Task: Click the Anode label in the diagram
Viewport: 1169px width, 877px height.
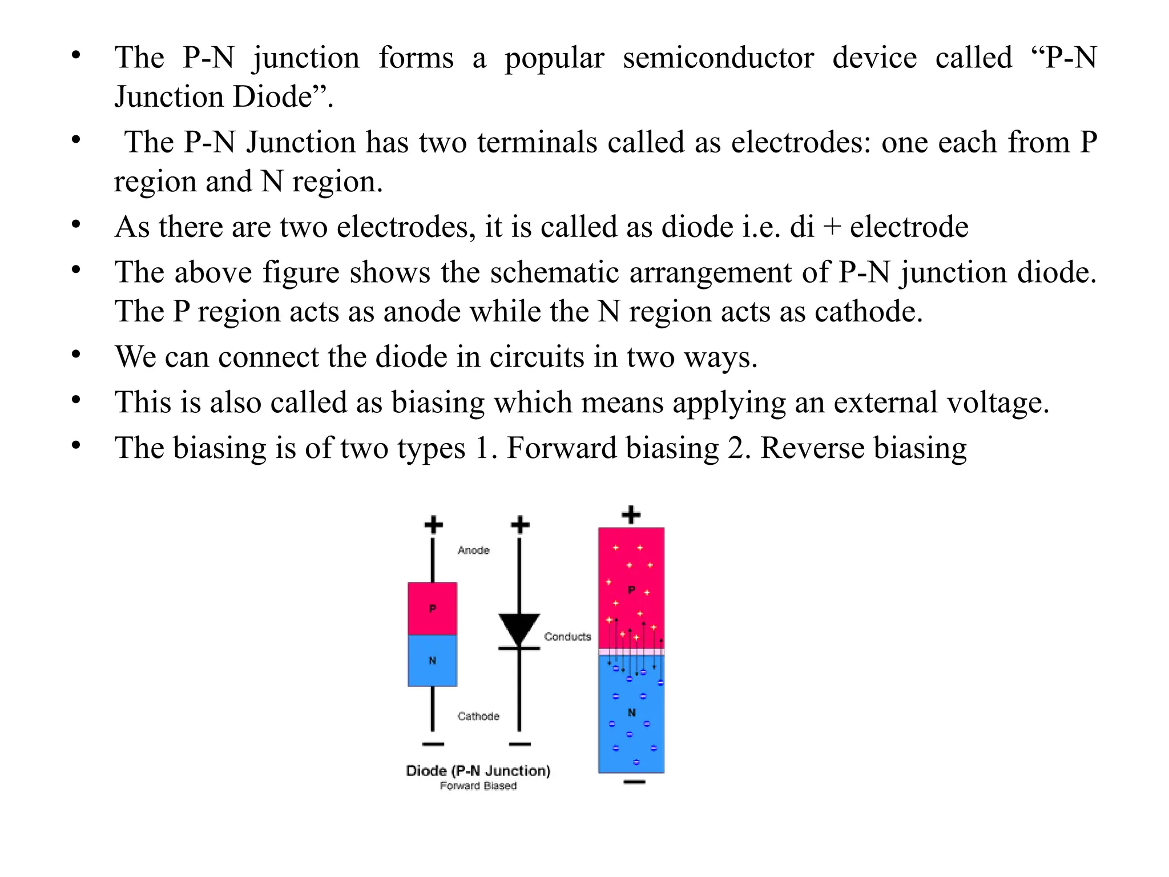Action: click(473, 550)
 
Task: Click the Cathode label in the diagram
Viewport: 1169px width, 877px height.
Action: click(478, 716)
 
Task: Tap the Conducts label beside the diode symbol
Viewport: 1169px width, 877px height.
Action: click(567, 637)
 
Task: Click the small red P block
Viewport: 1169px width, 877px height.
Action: click(432, 609)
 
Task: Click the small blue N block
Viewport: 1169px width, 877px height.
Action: click(432, 661)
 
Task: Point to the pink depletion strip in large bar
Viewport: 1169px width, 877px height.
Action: click(631, 651)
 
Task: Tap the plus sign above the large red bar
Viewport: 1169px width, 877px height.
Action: click(631, 515)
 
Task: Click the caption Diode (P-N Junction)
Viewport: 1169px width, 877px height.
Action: click(478, 771)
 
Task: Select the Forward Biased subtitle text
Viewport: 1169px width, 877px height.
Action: click(478, 786)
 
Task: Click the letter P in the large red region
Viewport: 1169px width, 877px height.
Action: click(631, 590)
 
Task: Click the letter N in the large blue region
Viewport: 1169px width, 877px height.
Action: click(631, 713)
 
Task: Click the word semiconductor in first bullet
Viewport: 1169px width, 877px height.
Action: click(718, 58)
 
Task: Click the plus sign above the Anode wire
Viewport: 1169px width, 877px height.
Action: click(433, 525)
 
